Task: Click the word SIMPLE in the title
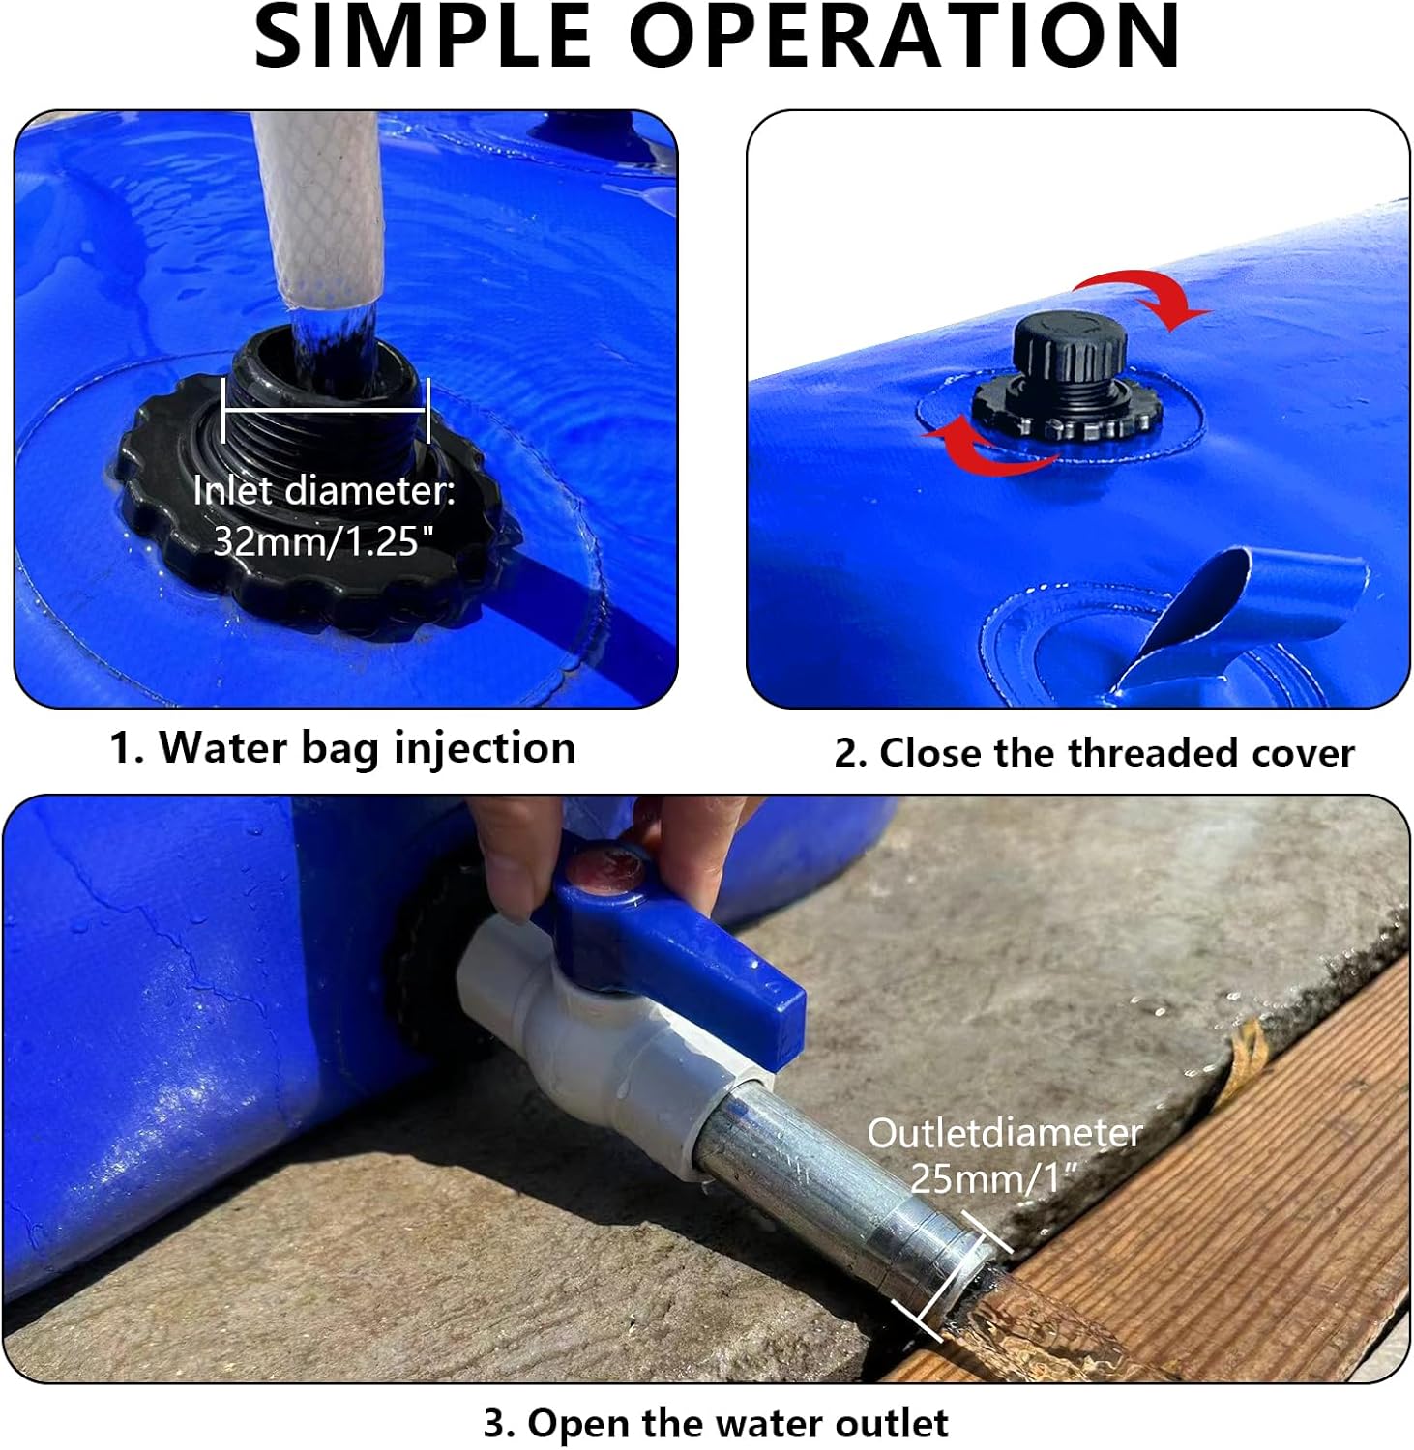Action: (422, 37)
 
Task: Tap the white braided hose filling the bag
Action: (319, 208)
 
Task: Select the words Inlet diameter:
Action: (324, 491)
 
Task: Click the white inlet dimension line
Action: (325, 411)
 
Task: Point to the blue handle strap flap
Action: (1248, 604)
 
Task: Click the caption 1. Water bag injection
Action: (342, 748)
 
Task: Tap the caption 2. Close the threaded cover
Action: (1094, 753)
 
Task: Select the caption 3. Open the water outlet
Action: (716, 1423)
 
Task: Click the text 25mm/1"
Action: (992, 1178)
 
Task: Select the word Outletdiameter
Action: (1004, 1133)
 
